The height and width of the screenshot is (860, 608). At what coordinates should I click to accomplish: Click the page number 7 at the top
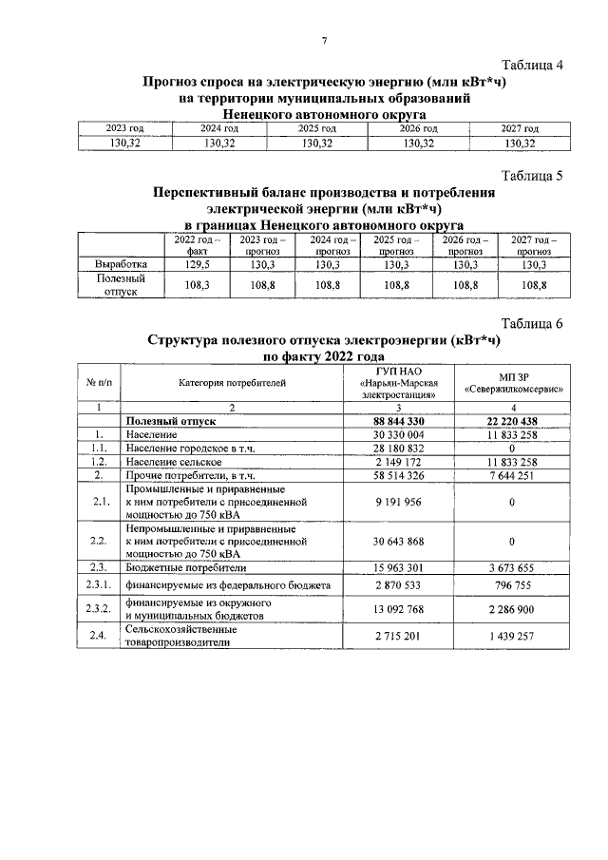pyautogui.click(x=324, y=40)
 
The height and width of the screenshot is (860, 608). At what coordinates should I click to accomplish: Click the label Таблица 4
pyautogui.click(x=532, y=66)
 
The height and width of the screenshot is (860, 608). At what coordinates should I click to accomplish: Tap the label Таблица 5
pyautogui.click(x=532, y=176)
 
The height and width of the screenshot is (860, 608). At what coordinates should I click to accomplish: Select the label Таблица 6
pyautogui.click(x=532, y=323)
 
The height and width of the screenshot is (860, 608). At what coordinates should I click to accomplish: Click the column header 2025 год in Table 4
pyautogui.click(x=317, y=128)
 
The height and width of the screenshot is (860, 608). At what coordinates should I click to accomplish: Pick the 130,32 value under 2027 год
pyautogui.click(x=520, y=143)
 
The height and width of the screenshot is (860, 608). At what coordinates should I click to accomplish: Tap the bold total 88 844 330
pyautogui.click(x=398, y=420)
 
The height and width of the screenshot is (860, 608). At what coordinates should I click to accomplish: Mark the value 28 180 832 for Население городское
pyautogui.click(x=398, y=447)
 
